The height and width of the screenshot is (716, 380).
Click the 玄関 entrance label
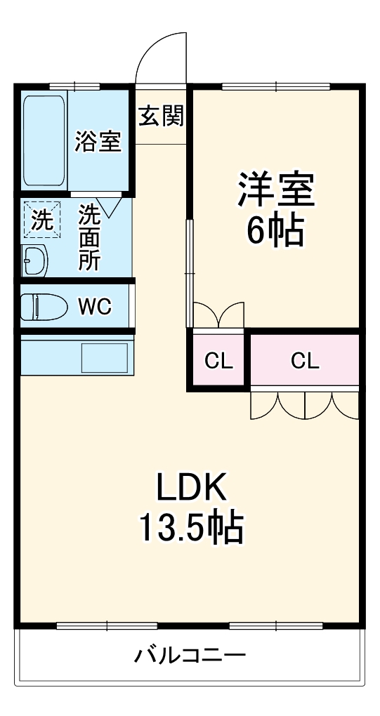162,116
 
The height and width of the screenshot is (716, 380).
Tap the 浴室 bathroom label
98,141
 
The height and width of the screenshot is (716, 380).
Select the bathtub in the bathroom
44,140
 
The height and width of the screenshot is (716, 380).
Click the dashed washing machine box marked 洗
42,220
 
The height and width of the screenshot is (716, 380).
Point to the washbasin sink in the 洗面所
34,260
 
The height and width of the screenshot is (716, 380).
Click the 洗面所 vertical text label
89,237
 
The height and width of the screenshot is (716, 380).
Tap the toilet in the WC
44,306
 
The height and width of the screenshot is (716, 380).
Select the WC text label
95,307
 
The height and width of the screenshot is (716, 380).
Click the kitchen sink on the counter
105,358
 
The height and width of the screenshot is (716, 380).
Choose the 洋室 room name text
276,190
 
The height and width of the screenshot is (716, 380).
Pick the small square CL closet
218,362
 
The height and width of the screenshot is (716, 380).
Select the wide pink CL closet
305,362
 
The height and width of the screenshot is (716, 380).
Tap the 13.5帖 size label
190,529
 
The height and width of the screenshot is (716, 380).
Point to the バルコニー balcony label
190,656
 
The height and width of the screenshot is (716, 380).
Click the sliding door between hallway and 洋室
190,272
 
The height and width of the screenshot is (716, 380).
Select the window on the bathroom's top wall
74,86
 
